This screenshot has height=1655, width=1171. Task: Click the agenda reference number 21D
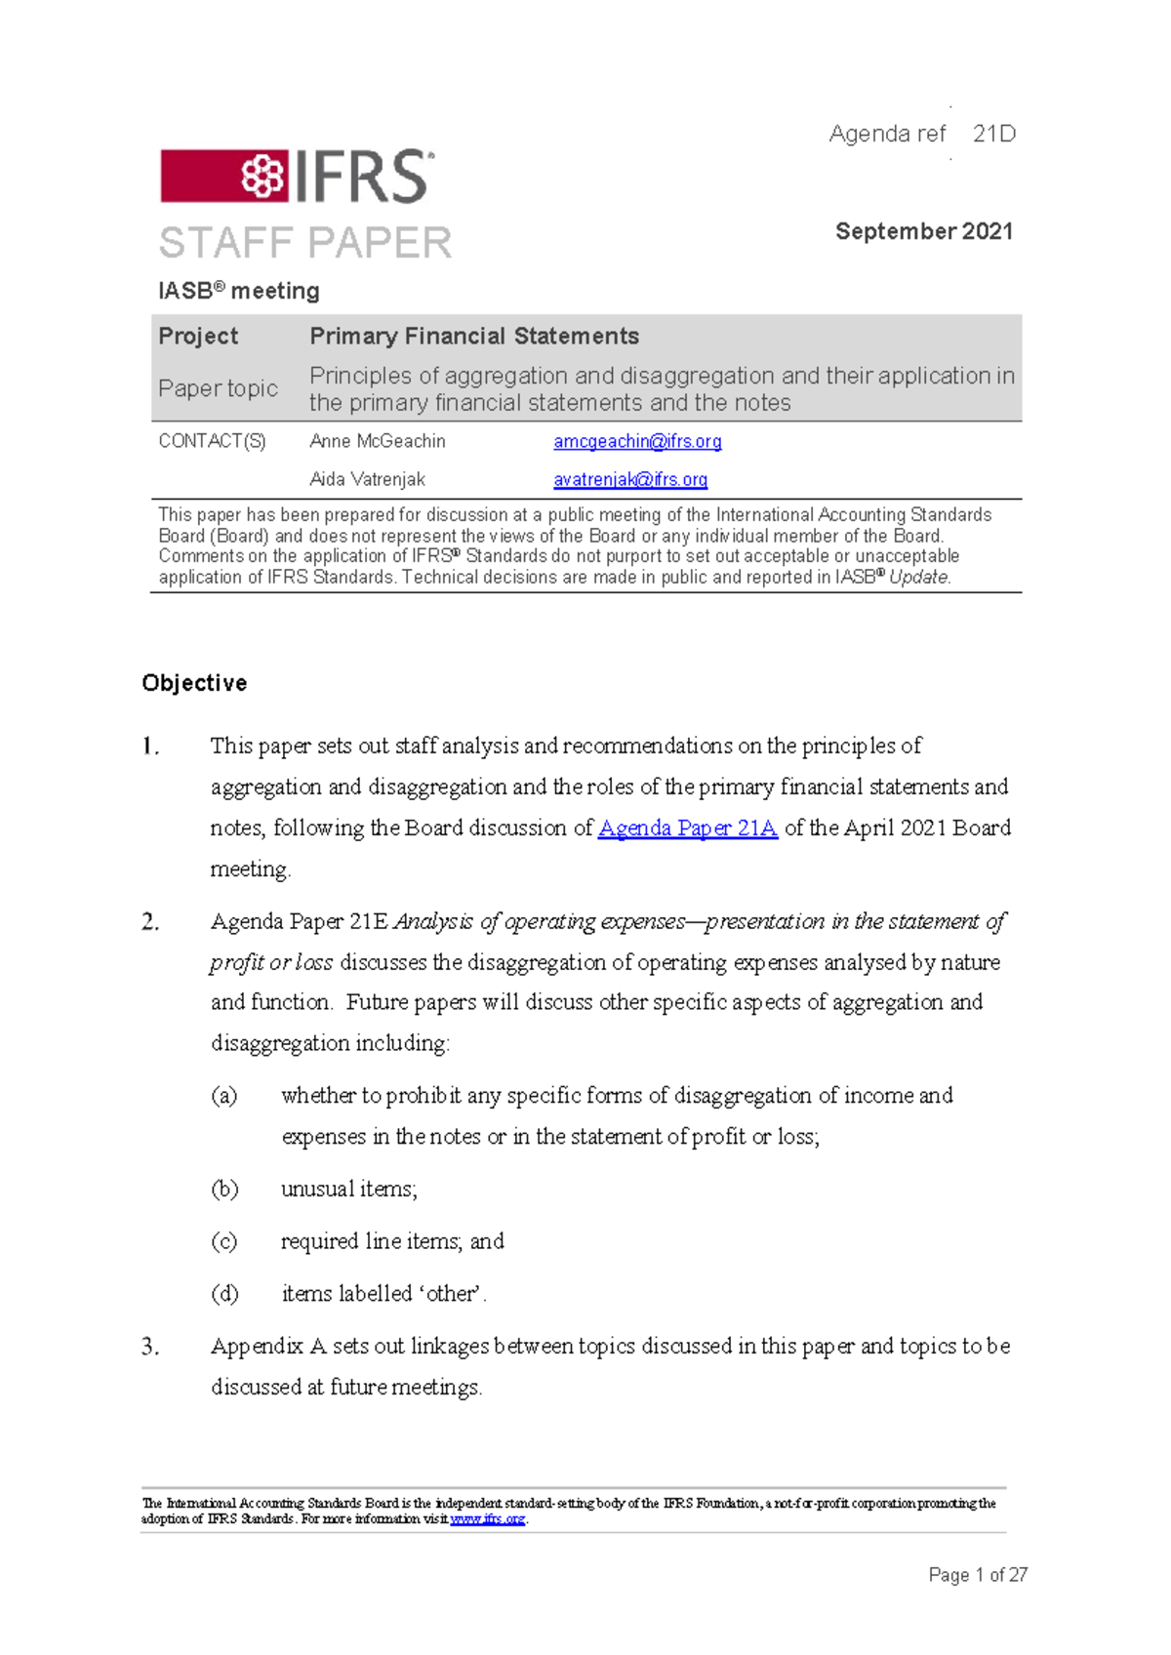click(993, 134)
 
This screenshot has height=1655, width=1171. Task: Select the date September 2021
click(923, 231)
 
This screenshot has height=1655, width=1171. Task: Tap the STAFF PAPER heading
click(304, 243)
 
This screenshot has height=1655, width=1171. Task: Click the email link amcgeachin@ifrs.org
click(637, 441)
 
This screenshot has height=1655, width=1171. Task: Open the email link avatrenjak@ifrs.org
click(630, 479)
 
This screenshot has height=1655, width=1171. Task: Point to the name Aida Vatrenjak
click(367, 479)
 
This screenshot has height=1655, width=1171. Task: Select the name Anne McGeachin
click(377, 441)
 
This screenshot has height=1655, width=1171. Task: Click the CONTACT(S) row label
click(212, 441)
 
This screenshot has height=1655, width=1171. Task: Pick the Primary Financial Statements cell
click(474, 336)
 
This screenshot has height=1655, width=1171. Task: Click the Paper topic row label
click(218, 388)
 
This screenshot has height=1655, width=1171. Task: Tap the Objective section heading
click(194, 683)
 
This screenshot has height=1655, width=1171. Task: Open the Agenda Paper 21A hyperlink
click(687, 828)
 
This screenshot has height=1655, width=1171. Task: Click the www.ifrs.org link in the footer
click(487, 1519)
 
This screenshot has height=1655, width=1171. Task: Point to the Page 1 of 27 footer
click(977, 1575)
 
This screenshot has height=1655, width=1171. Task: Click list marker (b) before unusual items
click(224, 1189)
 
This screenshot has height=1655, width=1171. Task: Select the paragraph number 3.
click(149, 1347)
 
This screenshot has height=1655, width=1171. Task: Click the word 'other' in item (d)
click(452, 1294)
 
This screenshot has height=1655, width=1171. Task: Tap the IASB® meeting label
click(239, 291)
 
